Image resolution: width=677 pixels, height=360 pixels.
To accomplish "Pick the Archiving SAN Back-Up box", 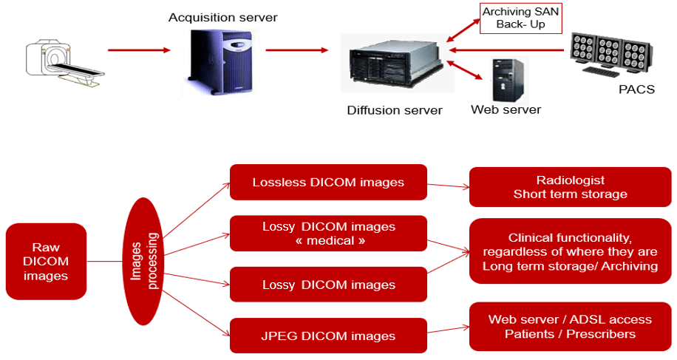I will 520,18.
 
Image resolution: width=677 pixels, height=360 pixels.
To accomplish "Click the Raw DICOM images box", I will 46,262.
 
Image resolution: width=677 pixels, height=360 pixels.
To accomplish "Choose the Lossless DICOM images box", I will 328,182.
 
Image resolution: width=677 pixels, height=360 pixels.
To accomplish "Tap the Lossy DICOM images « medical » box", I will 328,233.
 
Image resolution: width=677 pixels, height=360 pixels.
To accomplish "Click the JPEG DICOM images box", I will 328,336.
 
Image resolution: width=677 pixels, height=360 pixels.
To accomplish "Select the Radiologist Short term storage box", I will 570,187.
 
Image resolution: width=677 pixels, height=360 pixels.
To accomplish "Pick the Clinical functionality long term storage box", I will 570,252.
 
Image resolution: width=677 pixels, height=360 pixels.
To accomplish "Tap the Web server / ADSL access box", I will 570,326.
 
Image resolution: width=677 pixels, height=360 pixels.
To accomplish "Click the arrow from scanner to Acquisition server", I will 139,50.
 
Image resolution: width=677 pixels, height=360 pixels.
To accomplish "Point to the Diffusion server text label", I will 395,111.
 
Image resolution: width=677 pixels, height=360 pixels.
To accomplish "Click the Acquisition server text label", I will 222,17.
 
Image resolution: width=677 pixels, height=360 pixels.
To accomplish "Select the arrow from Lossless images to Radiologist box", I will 448,186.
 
